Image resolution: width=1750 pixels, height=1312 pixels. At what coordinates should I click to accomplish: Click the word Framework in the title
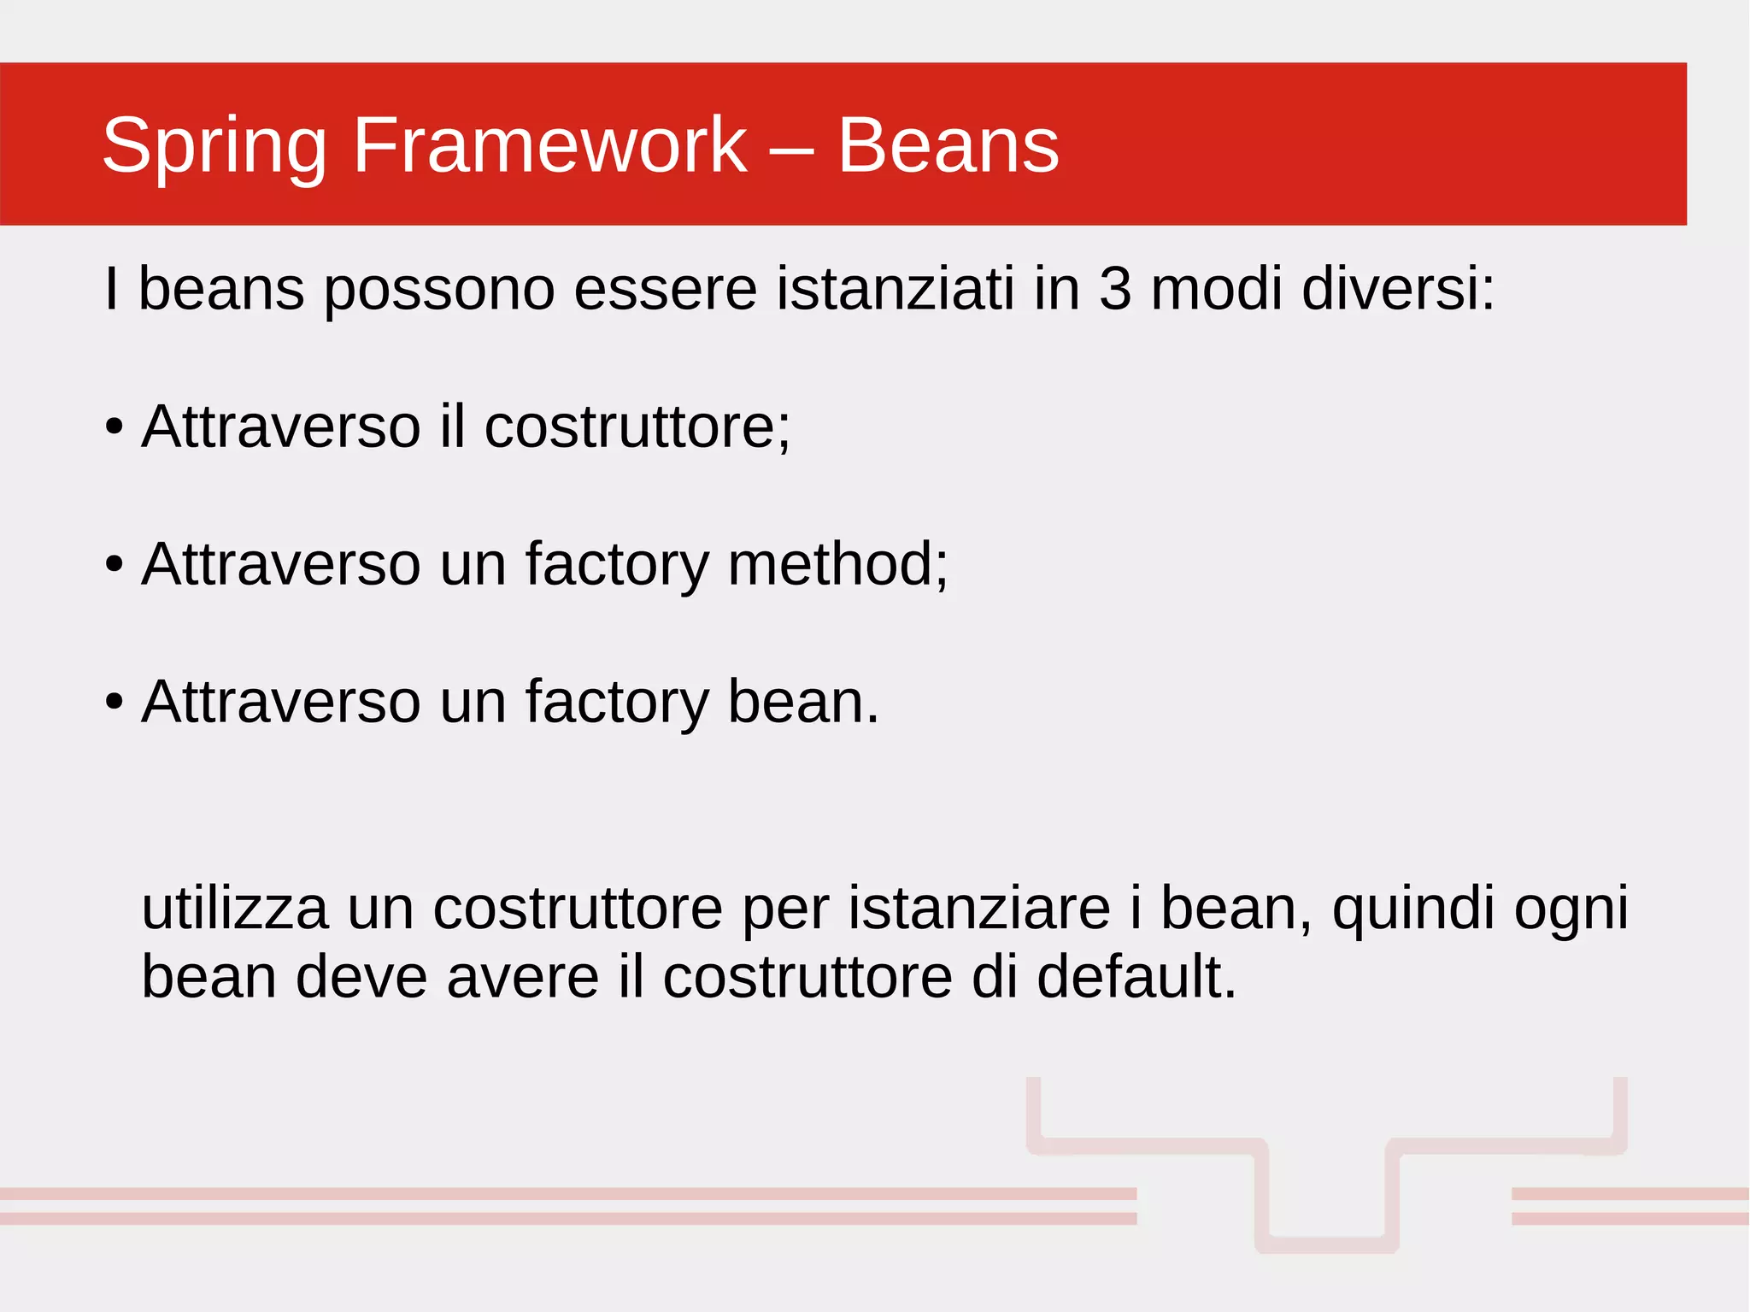point(549,145)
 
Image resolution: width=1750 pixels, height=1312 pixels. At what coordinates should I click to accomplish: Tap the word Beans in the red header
point(948,145)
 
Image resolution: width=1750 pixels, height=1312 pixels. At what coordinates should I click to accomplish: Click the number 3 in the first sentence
point(1115,289)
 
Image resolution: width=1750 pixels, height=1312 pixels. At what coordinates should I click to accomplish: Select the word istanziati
point(896,289)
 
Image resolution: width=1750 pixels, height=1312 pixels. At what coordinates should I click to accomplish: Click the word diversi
point(1398,289)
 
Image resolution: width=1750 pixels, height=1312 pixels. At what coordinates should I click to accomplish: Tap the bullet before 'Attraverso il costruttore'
point(115,427)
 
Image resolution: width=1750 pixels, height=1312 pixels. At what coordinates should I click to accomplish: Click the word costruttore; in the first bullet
point(637,427)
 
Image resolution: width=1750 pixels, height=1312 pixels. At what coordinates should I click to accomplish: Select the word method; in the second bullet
point(837,564)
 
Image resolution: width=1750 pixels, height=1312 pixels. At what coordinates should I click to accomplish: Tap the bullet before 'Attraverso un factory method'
point(115,565)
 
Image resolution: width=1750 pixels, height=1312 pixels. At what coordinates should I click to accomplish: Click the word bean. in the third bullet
point(803,702)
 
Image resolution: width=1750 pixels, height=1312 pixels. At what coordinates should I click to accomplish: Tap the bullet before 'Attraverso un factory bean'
point(115,703)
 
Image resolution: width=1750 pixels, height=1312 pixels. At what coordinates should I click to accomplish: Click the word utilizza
point(234,908)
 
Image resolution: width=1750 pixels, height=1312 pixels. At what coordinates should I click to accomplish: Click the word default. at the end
point(1136,977)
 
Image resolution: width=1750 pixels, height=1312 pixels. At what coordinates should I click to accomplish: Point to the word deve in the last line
point(361,977)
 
